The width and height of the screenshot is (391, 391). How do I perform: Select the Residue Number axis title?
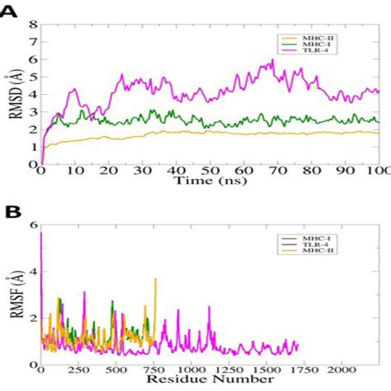(210, 382)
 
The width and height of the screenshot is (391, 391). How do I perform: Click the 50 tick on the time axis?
(210, 171)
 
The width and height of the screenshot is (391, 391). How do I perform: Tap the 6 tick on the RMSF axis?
(33, 224)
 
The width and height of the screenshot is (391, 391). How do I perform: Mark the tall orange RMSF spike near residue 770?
(155, 280)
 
